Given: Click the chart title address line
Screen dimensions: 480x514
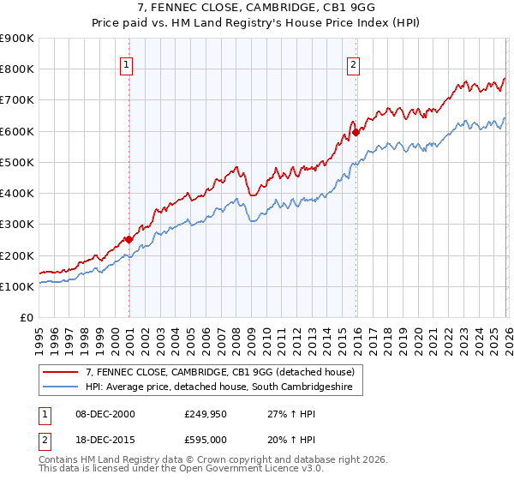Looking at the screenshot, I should click(x=256, y=8).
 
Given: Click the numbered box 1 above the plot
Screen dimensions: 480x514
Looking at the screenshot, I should click(x=126, y=63).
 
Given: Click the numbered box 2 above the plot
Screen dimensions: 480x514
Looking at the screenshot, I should click(x=353, y=63).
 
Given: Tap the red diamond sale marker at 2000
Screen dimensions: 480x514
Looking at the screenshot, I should click(x=128, y=240).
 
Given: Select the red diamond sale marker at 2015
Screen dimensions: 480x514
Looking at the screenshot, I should click(x=356, y=132).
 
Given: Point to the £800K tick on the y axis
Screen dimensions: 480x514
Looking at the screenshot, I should click(x=17, y=69).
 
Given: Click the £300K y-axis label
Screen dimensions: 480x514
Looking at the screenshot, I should click(x=17, y=225).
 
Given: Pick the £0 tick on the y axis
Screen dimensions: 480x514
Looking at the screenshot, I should click(x=27, y=318).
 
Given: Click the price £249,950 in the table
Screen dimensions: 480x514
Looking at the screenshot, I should click(x=204, y=413).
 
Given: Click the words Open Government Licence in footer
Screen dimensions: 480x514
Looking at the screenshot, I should click(x=256, y=470).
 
